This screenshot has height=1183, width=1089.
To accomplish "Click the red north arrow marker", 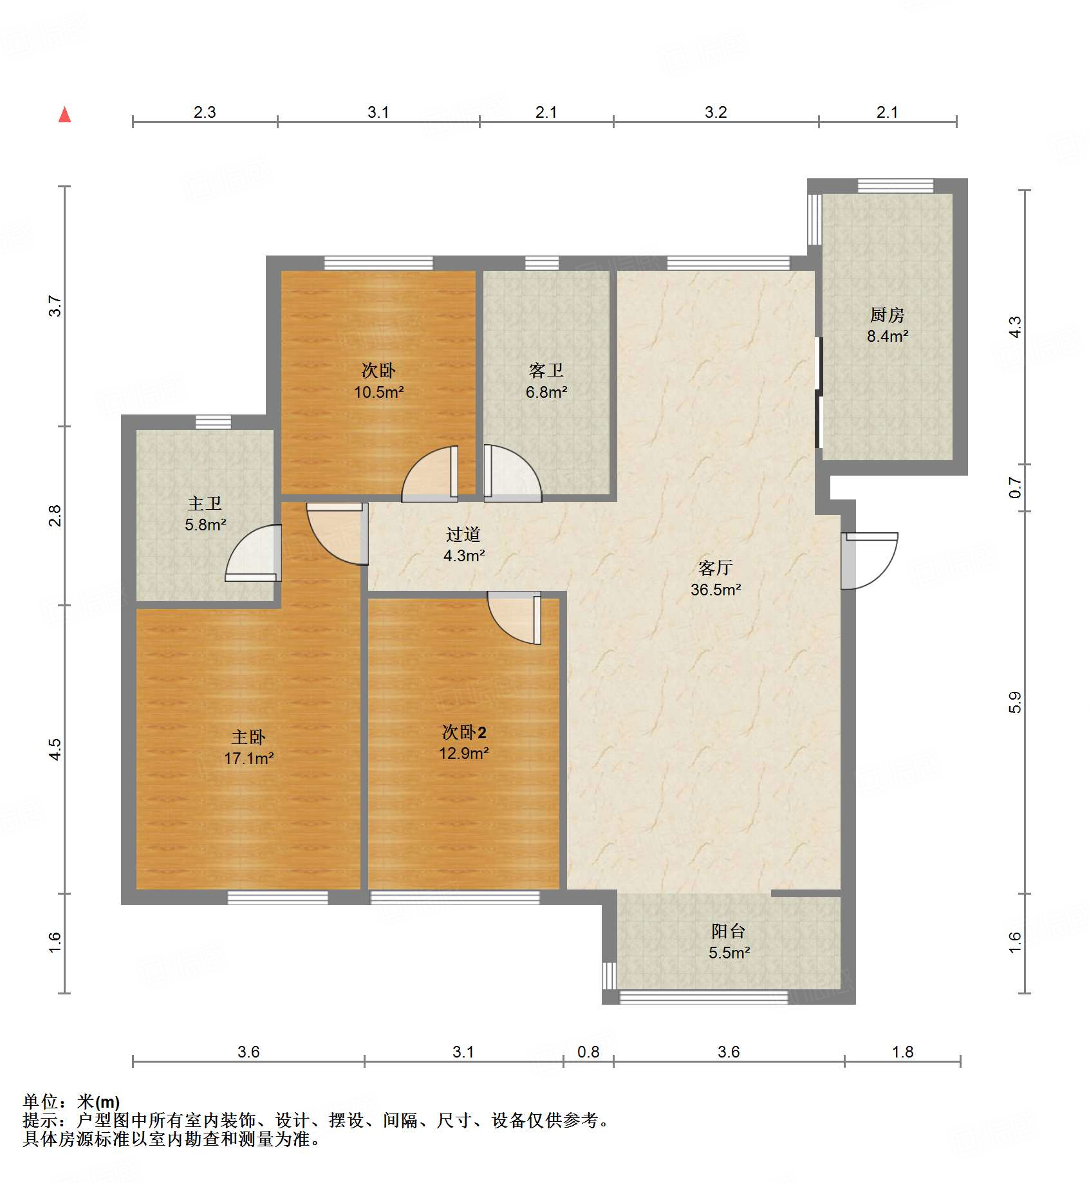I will click(64, 115).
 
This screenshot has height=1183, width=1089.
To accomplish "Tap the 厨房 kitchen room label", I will click(887, 315).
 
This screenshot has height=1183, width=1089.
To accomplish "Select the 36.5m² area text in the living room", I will click(716, 590).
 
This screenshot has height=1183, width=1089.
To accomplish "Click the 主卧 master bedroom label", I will click(248, 737).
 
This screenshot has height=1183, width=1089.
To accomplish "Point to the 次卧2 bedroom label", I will click(463, 732).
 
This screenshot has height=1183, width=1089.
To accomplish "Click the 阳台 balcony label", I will click(729, 931).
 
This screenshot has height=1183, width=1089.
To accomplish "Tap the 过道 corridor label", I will click(463, 534).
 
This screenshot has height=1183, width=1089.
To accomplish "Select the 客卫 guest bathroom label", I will click(546, 370).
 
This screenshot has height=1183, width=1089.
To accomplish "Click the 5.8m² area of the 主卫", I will click(205, 525).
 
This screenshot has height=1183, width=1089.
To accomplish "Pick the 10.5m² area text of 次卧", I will click(378, 391).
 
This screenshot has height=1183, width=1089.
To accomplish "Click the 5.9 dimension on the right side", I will click(1015, 702).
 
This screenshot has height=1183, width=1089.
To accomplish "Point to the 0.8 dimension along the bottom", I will click(588, 1052).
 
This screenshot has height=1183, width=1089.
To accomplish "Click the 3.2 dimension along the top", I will click(716, 112).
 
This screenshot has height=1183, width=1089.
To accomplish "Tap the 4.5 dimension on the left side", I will click(55, 749).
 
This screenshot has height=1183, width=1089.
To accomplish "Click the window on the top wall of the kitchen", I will click(895, 185).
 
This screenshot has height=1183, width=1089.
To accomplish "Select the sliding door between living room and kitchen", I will click(819, 393).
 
